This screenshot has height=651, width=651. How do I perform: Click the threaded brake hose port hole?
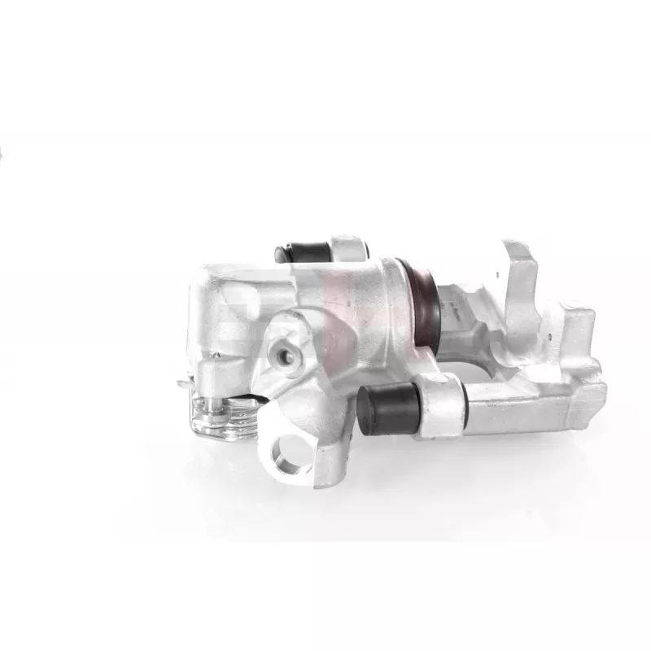[282, 353]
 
